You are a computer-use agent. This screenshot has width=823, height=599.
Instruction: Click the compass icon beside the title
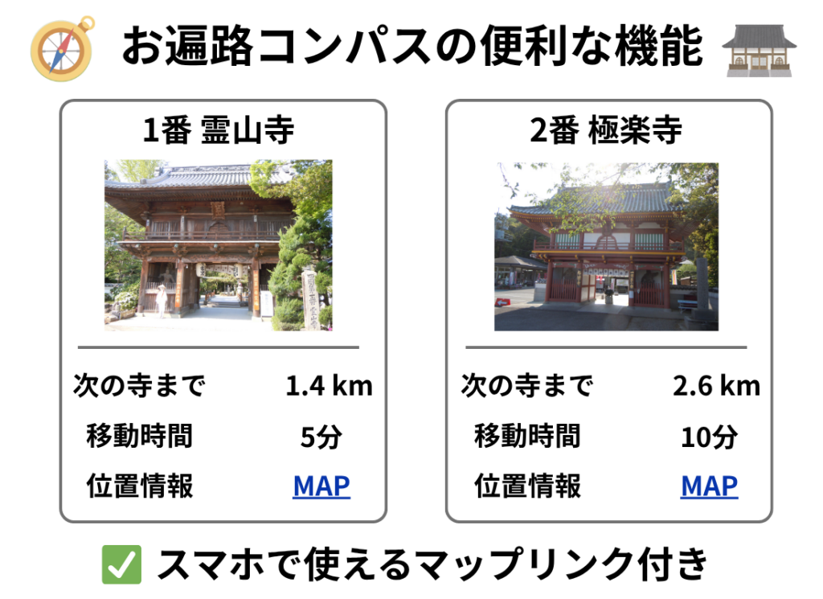pos(61,47)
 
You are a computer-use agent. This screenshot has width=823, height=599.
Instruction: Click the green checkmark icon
pos(121,564)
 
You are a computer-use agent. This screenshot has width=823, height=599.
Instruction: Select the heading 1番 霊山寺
pos(218,130)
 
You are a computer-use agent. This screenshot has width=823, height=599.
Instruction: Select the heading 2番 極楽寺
pos(605,130)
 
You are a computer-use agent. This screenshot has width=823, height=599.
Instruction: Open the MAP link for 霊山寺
pos(321,486)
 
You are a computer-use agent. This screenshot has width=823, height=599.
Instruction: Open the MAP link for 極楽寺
pos(709,486)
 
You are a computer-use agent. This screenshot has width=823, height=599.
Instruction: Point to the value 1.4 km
pos(329,386)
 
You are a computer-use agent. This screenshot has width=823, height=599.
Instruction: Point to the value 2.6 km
pos(716,386)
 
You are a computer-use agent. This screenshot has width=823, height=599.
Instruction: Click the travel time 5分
pos(321,437)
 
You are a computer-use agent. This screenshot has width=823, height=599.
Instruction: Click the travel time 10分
pos(709,437)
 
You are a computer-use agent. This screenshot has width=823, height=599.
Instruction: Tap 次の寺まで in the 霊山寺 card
pos(139,386)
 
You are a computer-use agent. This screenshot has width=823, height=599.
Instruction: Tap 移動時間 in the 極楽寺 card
pos(527,437)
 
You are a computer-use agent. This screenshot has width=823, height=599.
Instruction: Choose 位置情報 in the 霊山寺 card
pos(139,486)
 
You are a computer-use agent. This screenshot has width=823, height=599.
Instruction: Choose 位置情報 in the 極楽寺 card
pos(527,486)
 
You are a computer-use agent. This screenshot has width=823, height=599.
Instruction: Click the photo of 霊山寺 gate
pos(218,244)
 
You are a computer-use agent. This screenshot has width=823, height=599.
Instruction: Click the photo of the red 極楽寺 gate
pos(605,246)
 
